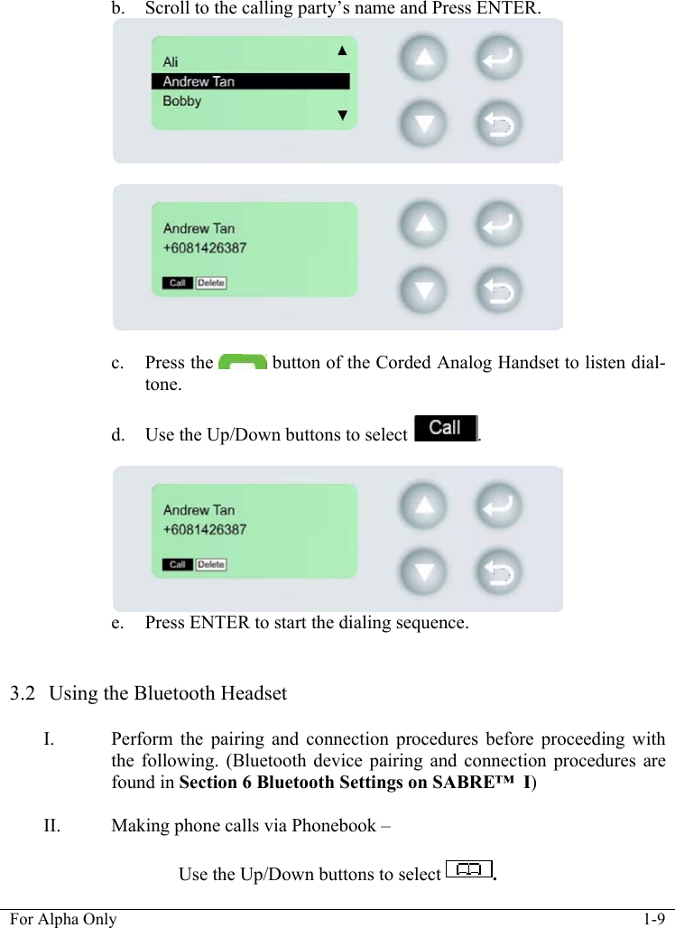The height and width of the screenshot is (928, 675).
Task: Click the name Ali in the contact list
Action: pyautogui.click(x=171, y=61)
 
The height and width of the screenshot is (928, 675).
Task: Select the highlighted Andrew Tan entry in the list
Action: pyautogui.click(x=199, y=81)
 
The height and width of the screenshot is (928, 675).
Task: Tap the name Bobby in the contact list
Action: pyautogui.click(x=182, y=101)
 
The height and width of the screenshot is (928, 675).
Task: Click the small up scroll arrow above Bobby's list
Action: pyautogui.click(x=342, y=51)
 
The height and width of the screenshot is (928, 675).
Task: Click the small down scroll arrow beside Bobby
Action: pyautogui.click(x=342, y=115)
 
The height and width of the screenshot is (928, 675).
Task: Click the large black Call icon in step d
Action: pyautogui.click(x=445, y=428)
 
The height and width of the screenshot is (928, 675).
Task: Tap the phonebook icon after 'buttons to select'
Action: pyautogui.click(x=468, y=870)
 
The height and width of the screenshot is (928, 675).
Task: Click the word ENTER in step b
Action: pyautogui.click(x=510, y=9)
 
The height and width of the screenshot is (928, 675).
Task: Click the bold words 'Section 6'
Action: pyautogui.click(x=217, y=782)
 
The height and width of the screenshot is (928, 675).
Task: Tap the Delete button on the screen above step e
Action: pyautogui.click(x=211, y=565)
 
